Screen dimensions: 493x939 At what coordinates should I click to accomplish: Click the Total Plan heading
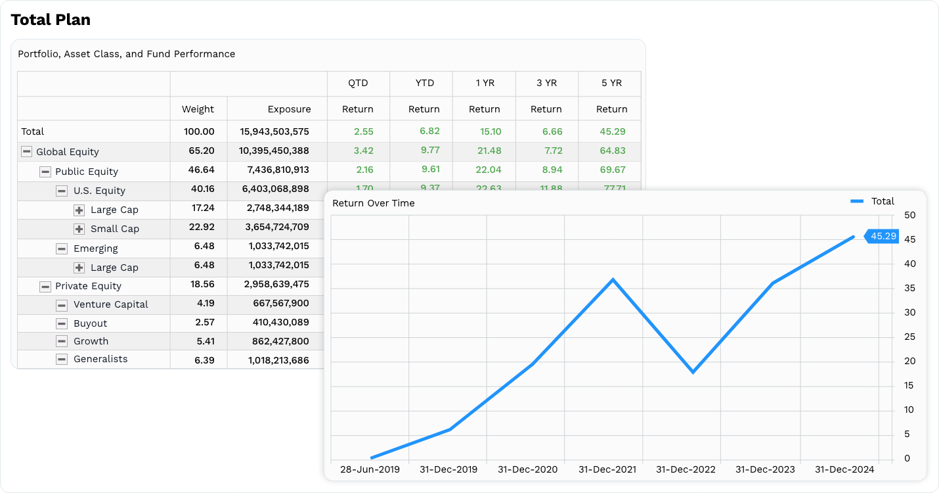(51, 20)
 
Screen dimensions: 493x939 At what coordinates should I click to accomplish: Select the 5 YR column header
(611, 83)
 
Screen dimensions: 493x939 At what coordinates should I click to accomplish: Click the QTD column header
(358, 83)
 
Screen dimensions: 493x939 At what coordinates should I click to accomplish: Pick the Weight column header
(198, 109)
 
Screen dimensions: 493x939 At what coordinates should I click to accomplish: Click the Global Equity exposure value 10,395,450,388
(274, 151)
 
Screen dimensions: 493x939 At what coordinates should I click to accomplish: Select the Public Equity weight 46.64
(202, 170)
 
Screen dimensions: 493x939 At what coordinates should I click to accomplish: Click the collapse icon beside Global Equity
(26, 152)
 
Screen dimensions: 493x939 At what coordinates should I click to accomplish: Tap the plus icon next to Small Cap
(79, 229)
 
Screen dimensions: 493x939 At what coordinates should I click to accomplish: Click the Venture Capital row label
(110, 304)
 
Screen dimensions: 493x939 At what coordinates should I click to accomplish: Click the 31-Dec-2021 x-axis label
(607, 470)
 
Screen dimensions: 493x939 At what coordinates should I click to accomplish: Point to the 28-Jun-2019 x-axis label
(370, 470)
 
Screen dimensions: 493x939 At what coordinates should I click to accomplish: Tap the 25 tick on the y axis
(909, 337)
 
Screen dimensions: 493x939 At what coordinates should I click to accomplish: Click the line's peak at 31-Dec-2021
(613, 280)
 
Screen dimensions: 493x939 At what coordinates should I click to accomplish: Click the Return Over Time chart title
(373, 203)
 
